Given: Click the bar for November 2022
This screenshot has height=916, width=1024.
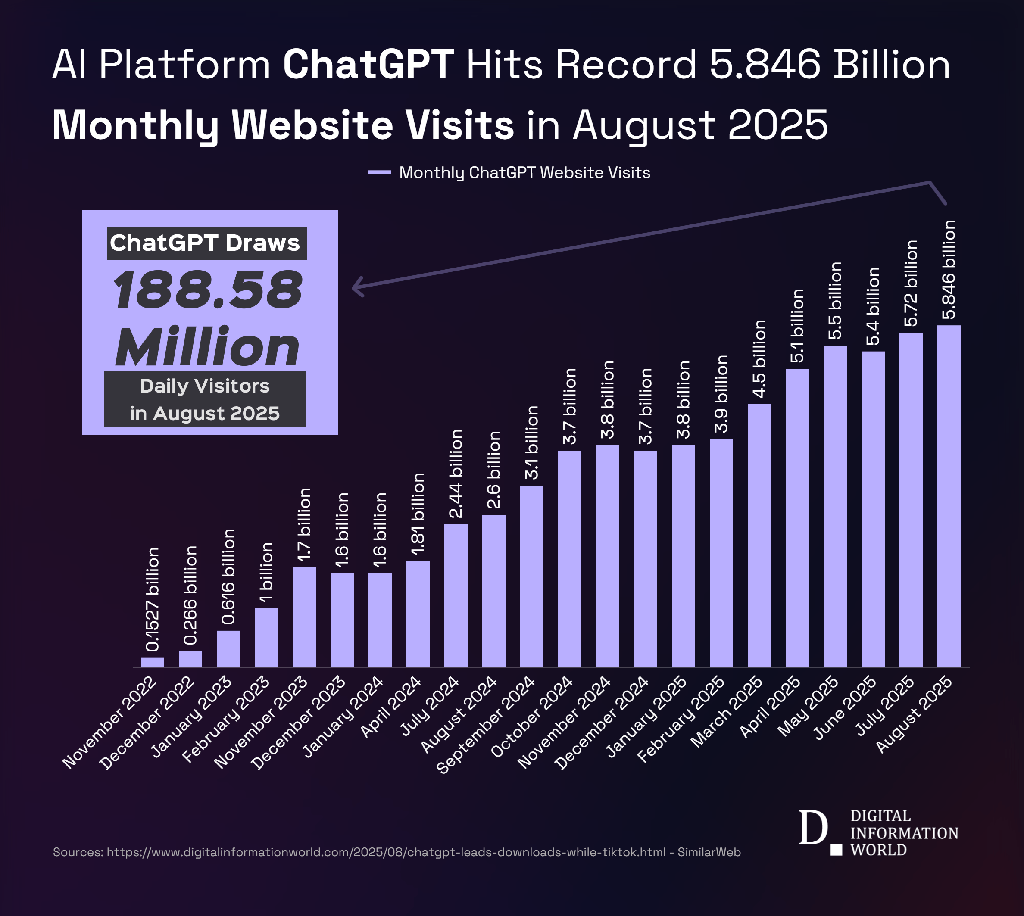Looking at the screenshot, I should pos(153,662).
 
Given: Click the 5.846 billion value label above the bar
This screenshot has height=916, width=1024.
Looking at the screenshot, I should pos(949,270).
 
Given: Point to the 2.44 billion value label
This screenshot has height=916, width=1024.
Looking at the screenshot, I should pos(456,474).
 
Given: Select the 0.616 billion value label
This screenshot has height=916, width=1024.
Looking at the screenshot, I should pos(228,577).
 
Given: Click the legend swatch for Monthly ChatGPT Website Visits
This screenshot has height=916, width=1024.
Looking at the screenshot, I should pos(379,173).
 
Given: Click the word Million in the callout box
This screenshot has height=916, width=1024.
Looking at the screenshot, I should pos(207,347).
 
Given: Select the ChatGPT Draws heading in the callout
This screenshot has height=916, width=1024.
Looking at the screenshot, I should pos(206,243).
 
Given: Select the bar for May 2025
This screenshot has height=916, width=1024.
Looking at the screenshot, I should pos(835,506).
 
